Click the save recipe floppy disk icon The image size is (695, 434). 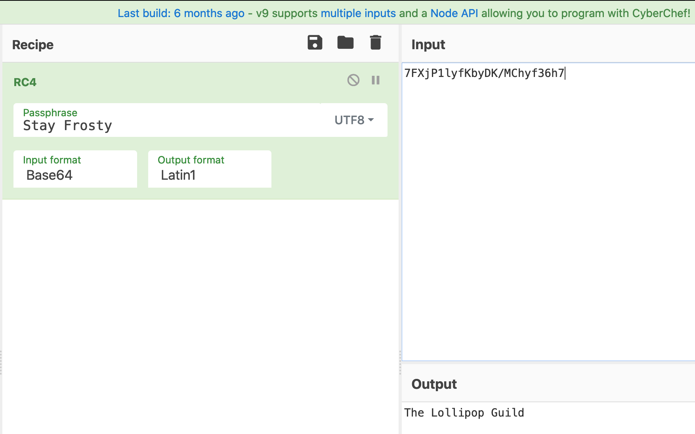click(315, 42)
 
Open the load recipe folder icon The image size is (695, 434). click(345, 42)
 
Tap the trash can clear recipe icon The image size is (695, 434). click(375, 42)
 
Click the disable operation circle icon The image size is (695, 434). click(353, 80)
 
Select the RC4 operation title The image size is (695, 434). click(25, 83)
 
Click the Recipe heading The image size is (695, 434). click(33, 45)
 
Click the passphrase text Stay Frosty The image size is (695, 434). click(67, 126)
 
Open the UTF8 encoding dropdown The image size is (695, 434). click(354, 120)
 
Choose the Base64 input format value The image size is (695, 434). click(50, 175)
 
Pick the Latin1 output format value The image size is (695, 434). click(178, 175)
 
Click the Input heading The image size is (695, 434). click(428, 45)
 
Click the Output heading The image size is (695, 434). click(434, 384)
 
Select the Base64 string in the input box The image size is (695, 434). click(484, 73)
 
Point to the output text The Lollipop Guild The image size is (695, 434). click(464, 413)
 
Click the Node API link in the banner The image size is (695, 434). click(454, 13)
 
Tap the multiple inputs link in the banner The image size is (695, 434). click(358, 13)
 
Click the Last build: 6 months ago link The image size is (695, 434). click(181, 13)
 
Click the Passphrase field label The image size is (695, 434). click(50, 113)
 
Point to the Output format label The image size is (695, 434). click(191, 160)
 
